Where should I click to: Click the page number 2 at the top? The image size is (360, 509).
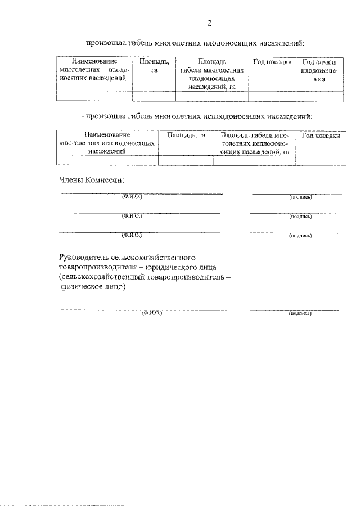(x=210, y=23)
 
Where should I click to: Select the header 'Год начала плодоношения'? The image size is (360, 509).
(x=319, y=70)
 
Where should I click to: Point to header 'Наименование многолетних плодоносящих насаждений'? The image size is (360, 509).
(x=94, y=70)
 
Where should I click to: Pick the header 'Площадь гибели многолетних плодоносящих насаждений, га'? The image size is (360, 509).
(x=212, y=74)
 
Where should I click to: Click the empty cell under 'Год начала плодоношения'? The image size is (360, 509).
(x=319, y=96)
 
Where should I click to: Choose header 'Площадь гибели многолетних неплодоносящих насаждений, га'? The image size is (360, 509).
(x=255, y=143)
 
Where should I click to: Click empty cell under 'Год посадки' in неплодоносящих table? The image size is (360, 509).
(x=321, y=161)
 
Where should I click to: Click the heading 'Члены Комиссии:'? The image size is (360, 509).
(x=91, y=180)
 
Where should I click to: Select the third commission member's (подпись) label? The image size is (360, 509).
(x=300, y=236)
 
